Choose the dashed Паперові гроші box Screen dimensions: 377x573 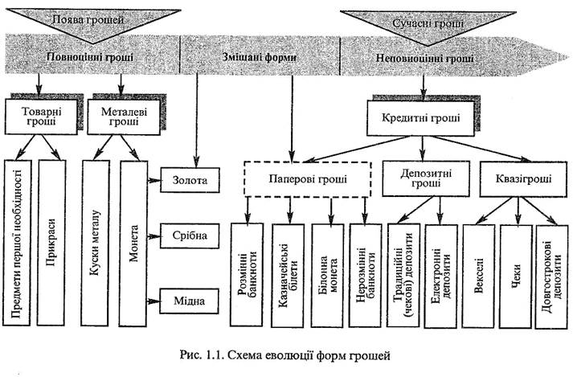pos(309,179)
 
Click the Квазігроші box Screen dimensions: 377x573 pos(515,178)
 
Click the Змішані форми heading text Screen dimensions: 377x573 pos(256,58)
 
